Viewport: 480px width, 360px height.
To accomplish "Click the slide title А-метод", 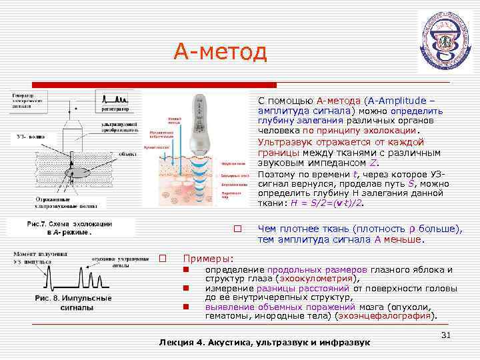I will click(220, 51).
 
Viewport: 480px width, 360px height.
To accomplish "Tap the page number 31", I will click(447, 335).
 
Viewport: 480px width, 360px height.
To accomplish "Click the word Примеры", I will click(209, 258).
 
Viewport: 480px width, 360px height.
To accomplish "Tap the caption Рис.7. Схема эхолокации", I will click(69, 224).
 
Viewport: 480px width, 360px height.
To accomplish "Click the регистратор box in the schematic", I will click(115, 108).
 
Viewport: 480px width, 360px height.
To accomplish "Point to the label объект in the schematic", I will click(127, 153).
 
